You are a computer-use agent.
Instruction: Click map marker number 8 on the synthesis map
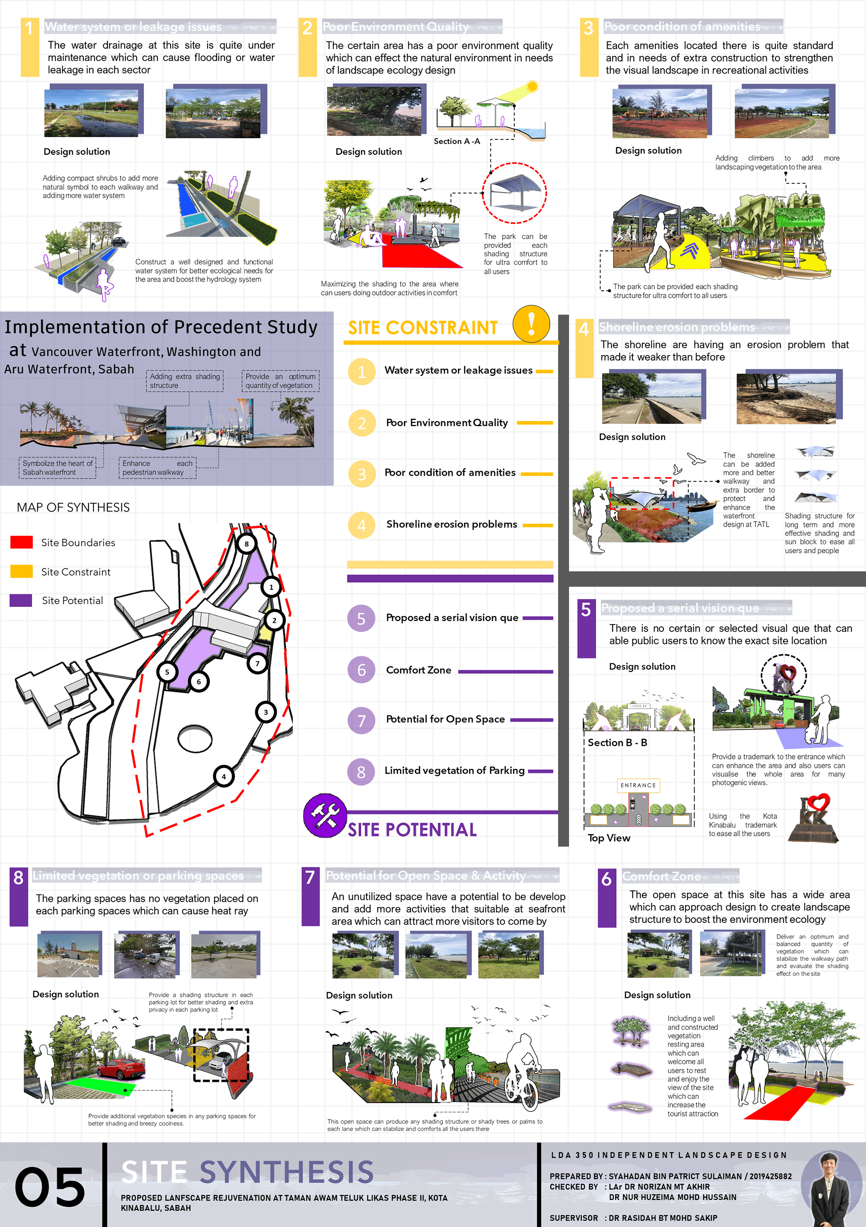[246, 544]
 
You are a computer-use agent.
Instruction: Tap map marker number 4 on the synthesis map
[224, 777]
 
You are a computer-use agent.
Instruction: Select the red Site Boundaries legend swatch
[21, 542]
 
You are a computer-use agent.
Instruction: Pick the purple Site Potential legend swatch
[21, 600]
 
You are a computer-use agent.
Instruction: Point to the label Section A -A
[457, 141]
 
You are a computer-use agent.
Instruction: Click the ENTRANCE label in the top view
[638, 785]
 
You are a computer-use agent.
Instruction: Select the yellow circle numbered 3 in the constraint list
[362, 474]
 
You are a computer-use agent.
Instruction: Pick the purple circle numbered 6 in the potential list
[362, 670]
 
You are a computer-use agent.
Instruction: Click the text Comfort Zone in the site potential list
[418, 670]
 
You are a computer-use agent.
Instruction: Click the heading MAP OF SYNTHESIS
[73, 507]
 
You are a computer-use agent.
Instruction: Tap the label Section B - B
[617, 742]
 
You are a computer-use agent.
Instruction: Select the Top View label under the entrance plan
[609, 838]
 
